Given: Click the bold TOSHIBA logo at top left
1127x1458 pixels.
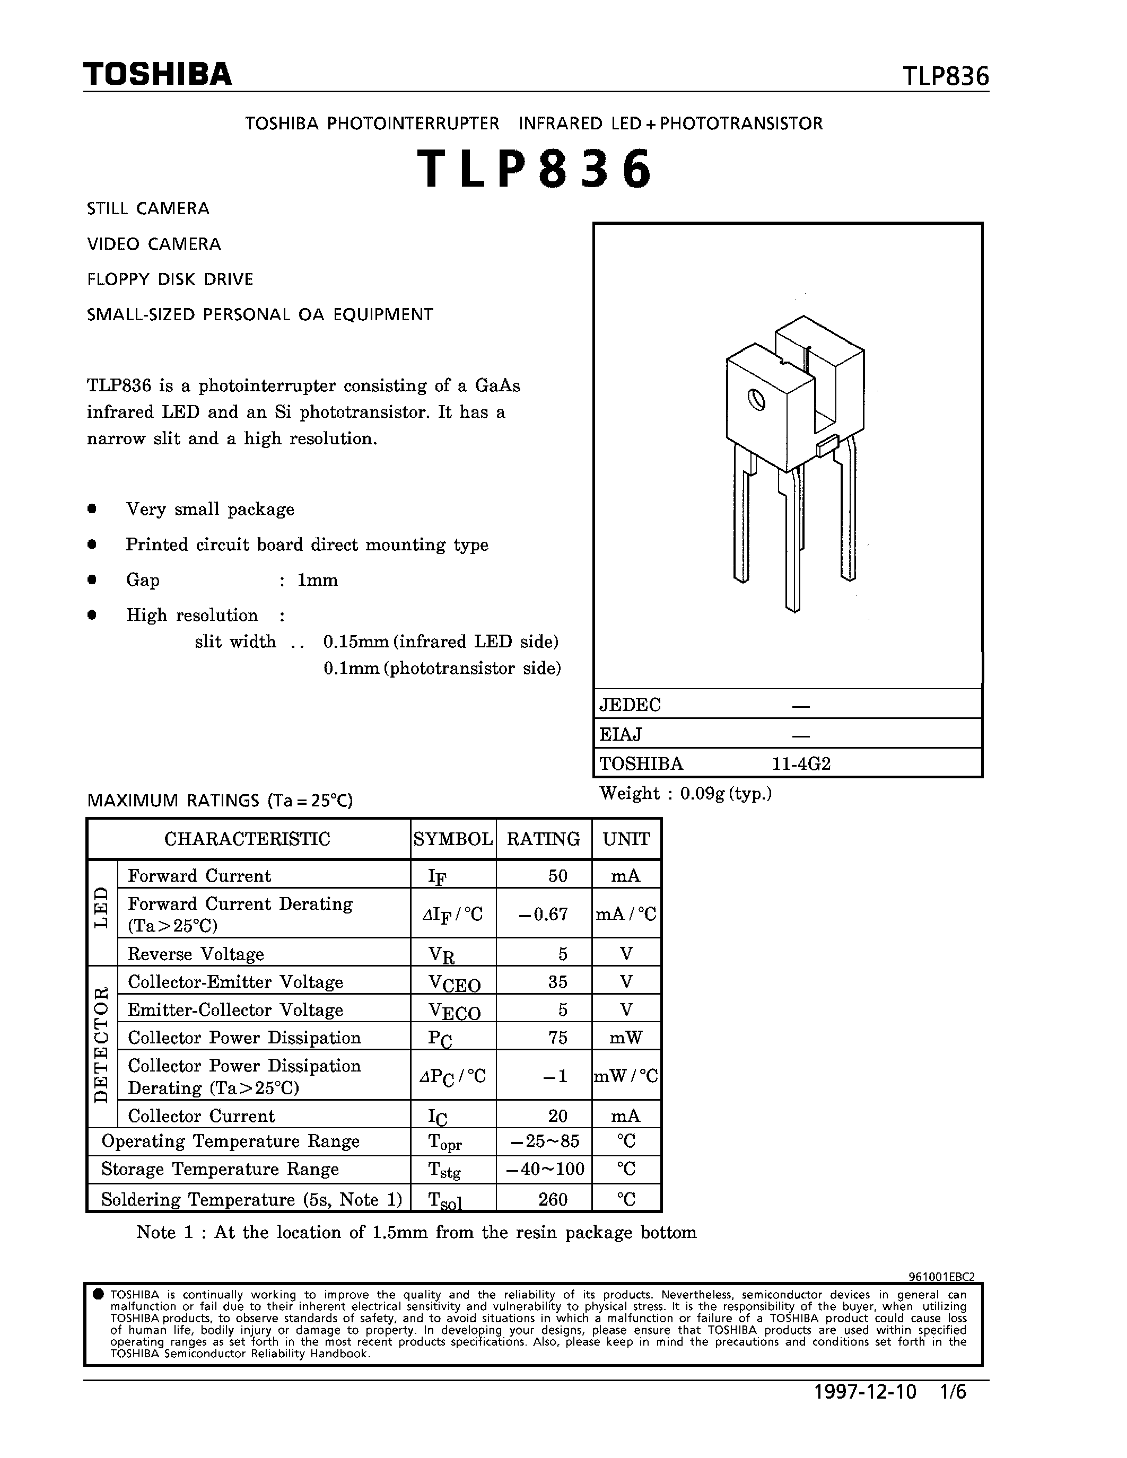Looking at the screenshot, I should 158,74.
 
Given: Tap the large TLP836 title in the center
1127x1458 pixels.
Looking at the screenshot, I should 534,170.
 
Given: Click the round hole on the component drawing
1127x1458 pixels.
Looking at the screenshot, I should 756,400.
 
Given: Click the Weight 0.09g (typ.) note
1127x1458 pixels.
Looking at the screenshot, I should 685,793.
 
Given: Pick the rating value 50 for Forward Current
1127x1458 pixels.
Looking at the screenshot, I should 557,875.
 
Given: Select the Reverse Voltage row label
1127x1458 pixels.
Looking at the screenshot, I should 196,954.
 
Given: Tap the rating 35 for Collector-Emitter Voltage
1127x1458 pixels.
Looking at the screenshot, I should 557,981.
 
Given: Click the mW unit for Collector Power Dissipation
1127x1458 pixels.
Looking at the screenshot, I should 626,1038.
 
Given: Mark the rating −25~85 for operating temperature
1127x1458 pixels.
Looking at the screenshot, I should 544,1141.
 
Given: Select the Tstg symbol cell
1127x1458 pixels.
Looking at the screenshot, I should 444,1170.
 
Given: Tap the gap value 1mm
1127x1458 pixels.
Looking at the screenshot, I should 317,580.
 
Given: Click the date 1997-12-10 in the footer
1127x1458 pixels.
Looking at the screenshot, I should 866,1411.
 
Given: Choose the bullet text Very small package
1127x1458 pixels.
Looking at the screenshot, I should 209,510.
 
